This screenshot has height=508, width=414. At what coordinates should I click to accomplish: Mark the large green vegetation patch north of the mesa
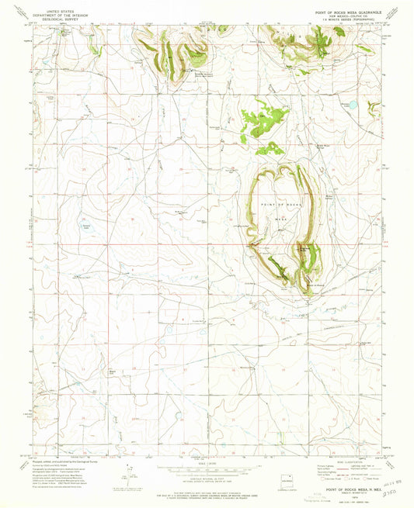pos(263,121)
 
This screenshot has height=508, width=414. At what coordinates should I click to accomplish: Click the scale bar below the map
pos(206,467)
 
